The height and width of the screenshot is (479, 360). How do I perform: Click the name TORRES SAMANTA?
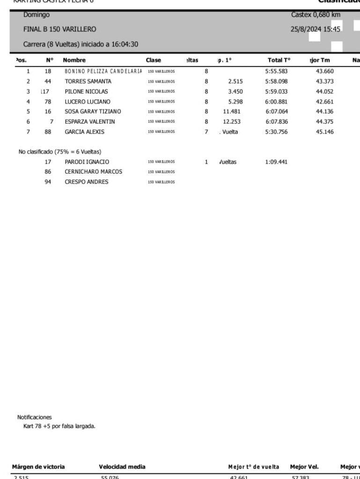coord(88,81)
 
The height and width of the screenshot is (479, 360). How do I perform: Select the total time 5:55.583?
coord(275,72)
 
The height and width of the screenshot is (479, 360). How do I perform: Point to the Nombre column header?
coord(74,60)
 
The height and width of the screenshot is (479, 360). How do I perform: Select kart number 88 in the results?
coord(48,132)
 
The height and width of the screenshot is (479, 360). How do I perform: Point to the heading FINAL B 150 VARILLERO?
coord(60,29)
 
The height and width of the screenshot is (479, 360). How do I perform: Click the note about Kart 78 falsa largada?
coord(59,425)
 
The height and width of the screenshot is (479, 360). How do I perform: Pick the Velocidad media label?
coord(122,466)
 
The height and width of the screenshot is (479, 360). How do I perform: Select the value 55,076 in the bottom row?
coord(110,476)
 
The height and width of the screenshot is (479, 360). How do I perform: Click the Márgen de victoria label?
coord(38,466)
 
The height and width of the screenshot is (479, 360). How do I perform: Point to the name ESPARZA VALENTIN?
coord(89,122)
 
